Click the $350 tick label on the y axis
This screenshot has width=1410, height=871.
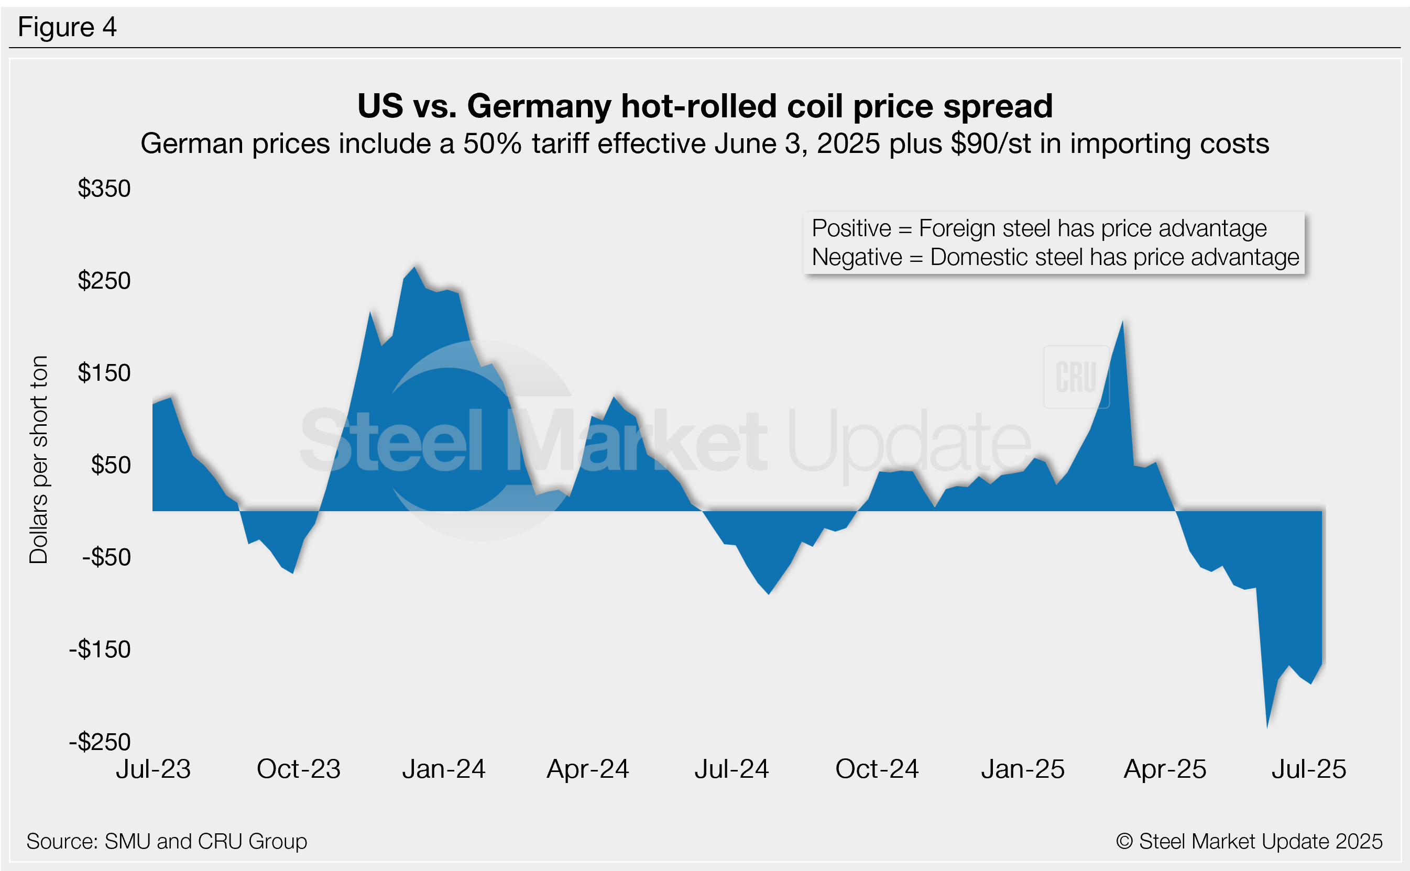pyautogui.click(x=104, y=189)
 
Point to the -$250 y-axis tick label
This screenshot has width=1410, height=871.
pyautogui.click(x=100, y=742)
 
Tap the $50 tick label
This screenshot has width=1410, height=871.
pyautogui.click(x=111, y=466)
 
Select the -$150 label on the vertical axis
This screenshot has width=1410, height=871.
pyautogui.click(x=100, y=650)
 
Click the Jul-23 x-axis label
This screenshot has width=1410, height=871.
pyautogui.click(x=154, y=769)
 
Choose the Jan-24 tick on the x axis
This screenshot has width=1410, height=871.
pyautogui.click(x=444, y=769)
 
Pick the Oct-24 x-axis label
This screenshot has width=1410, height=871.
pyautogui.click(x=877, y=769)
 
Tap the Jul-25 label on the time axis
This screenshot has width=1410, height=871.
pyautogui.click(x=1308, y=769)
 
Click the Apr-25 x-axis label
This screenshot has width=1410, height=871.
pyautogui.click(x=1165, y=769)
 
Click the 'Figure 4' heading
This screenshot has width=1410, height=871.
pyautogui.click(x=68, y=27)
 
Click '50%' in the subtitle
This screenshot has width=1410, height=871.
pyautogui.click(x=493, y=144)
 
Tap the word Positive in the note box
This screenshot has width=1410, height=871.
pyautogui.click(x=851, y=229)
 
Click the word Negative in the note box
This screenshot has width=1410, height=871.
pyautogui.click(x=857, y=258)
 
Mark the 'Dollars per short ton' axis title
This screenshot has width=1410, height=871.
pyautogui.click(x=39, y=460)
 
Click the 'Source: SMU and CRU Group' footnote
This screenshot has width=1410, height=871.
pyautogui.click(x=167, y=842)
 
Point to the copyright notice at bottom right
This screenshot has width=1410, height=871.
pyautogui.click(x=1249, y=842)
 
